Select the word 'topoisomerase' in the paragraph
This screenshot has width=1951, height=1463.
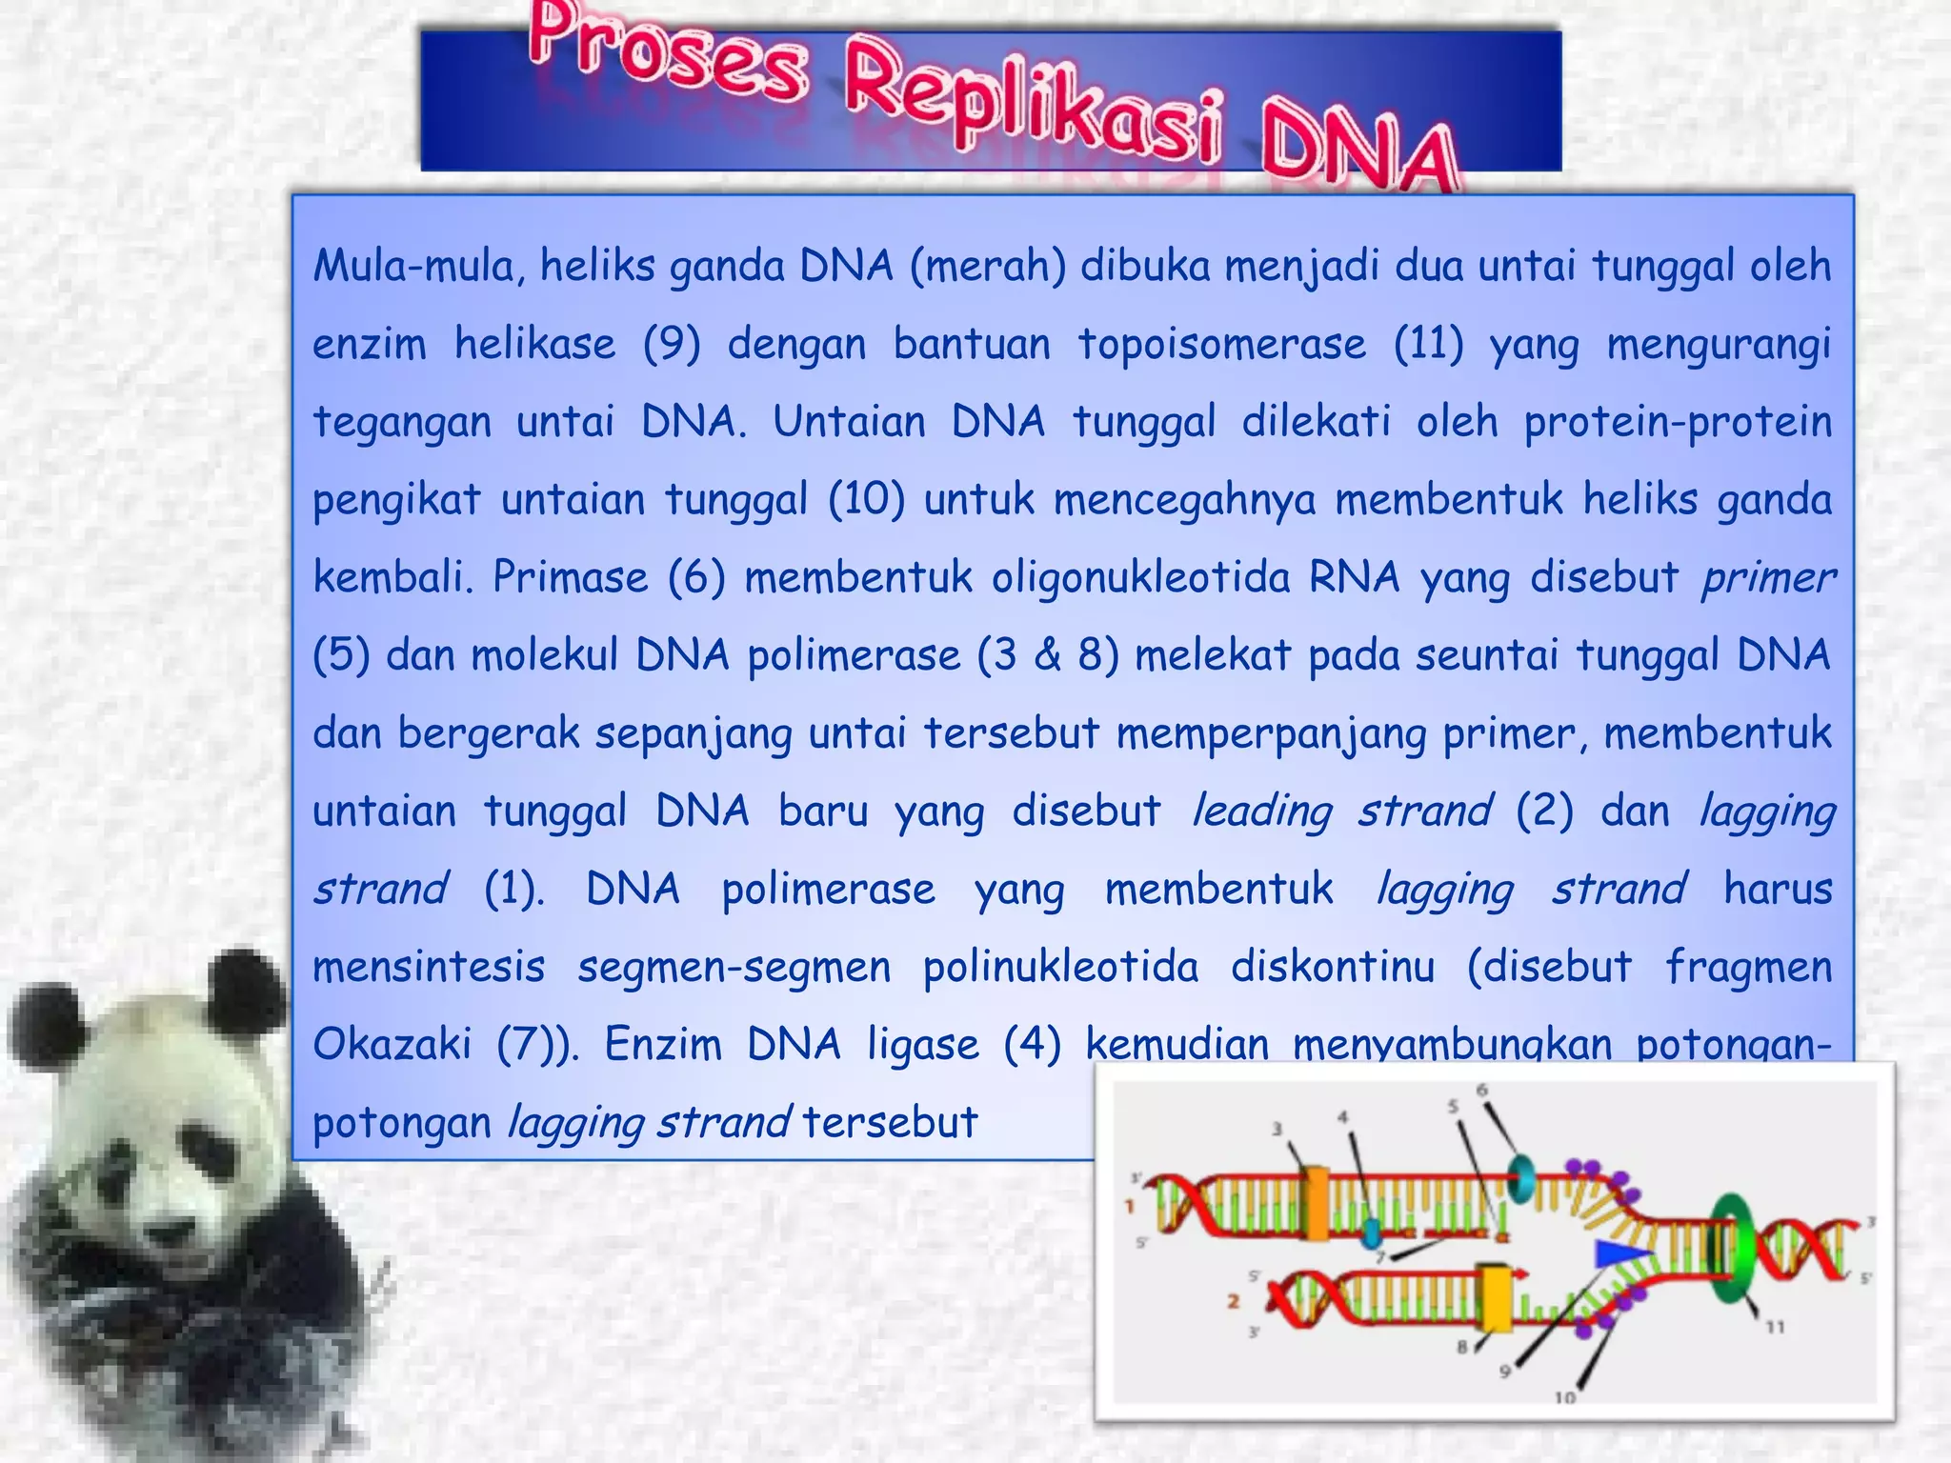(x=1222, y=343)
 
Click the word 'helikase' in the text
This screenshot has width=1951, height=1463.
(x=534, y=343)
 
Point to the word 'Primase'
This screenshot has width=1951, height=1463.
(x=570, y=577)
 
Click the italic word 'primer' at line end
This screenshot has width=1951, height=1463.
(x=1767, y=577)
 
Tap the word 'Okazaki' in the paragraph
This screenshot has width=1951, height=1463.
(x=392, y=1045)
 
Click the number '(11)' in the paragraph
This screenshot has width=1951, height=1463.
(x=1428, y=343)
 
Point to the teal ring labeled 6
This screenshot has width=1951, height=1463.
(x=1521, y=1178)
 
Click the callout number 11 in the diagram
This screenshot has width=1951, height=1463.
(x=1774, y=1327)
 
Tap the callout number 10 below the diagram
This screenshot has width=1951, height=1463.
(x=1565, y=1397)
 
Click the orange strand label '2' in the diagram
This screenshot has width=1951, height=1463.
(x=1234, y=1301)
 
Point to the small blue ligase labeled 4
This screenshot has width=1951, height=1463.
(x=1371, y=1233)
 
